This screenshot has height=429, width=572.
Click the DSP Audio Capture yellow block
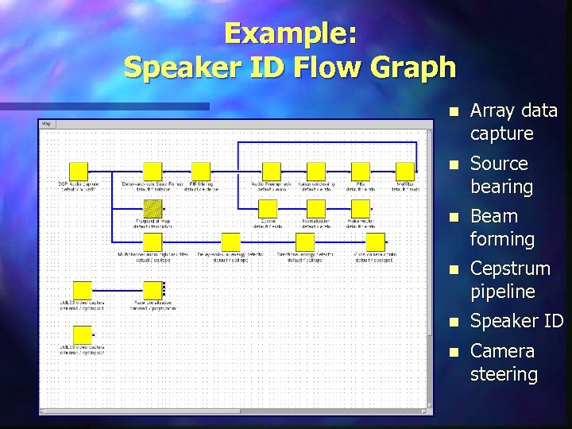click(x=78, y=171)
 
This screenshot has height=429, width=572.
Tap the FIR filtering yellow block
click(x=201, y=171)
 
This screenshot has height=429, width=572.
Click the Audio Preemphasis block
click(x=272, y=171)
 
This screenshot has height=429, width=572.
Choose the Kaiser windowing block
click(x=316, y=171)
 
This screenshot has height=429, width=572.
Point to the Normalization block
click(x=316, y=209)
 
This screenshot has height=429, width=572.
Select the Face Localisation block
click(x=152, y=290)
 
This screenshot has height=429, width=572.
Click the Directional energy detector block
click(x=305, y=242)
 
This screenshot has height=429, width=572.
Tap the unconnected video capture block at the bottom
click(x=82, y=334)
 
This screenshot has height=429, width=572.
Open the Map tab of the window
click(x=46, y=124)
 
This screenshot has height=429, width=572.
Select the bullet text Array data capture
click(x=513, y=122)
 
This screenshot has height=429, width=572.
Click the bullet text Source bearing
click(x=501, y=175)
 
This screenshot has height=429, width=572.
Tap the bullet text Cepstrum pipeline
click(x=509, y=280)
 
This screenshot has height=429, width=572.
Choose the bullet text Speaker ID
click(x=516, y=321)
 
